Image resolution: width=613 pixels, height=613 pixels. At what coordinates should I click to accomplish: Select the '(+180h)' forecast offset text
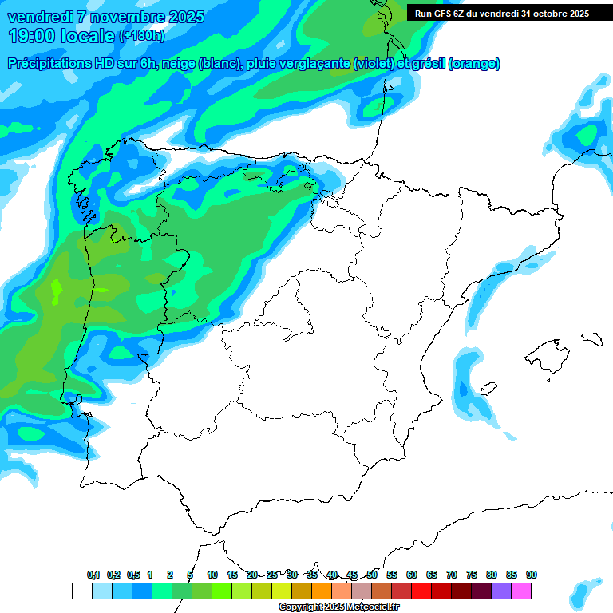point(141,36)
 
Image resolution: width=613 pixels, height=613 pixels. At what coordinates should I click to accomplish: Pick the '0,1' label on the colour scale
point(93,575)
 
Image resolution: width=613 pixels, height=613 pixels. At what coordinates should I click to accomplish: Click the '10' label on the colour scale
point(212,575)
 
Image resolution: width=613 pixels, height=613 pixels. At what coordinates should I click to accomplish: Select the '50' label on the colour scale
point(372,575)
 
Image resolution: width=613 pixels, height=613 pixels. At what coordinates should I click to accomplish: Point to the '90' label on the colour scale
point(532,575)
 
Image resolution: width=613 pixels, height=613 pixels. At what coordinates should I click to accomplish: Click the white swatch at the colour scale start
point(81,591)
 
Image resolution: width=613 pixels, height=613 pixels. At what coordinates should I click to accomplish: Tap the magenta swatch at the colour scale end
point(521,591)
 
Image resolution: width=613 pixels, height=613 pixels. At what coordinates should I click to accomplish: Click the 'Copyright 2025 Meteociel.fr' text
point(338,607)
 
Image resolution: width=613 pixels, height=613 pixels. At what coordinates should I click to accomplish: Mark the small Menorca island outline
point(591,338)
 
